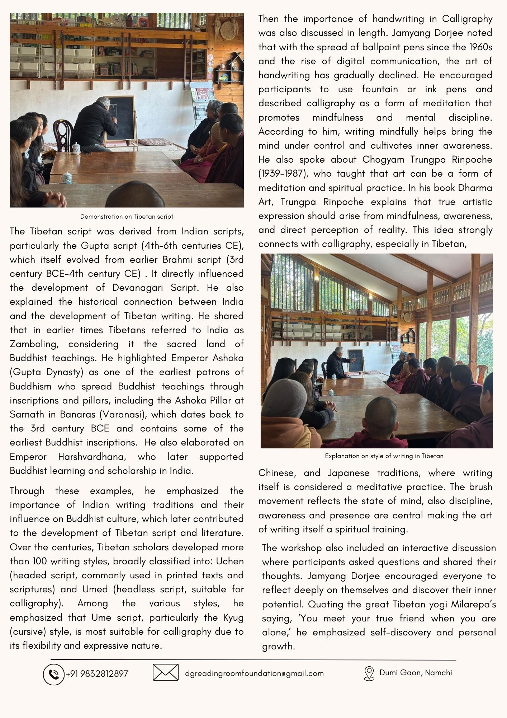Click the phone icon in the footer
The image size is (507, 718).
(x=53, y=675)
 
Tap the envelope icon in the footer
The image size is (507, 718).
(x=165, y=672)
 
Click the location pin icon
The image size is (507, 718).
(x=369, y=673)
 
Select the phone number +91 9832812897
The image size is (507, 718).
(x=97, y=674)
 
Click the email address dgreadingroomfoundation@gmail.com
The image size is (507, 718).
(x=254, y=673)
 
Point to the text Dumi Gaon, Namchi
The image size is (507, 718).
(x=416, y=672)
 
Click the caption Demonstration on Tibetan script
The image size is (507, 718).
(x=127, y=216)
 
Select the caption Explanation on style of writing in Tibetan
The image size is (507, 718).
(x=384, y=456)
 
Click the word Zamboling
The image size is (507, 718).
(x=33, y=344)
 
